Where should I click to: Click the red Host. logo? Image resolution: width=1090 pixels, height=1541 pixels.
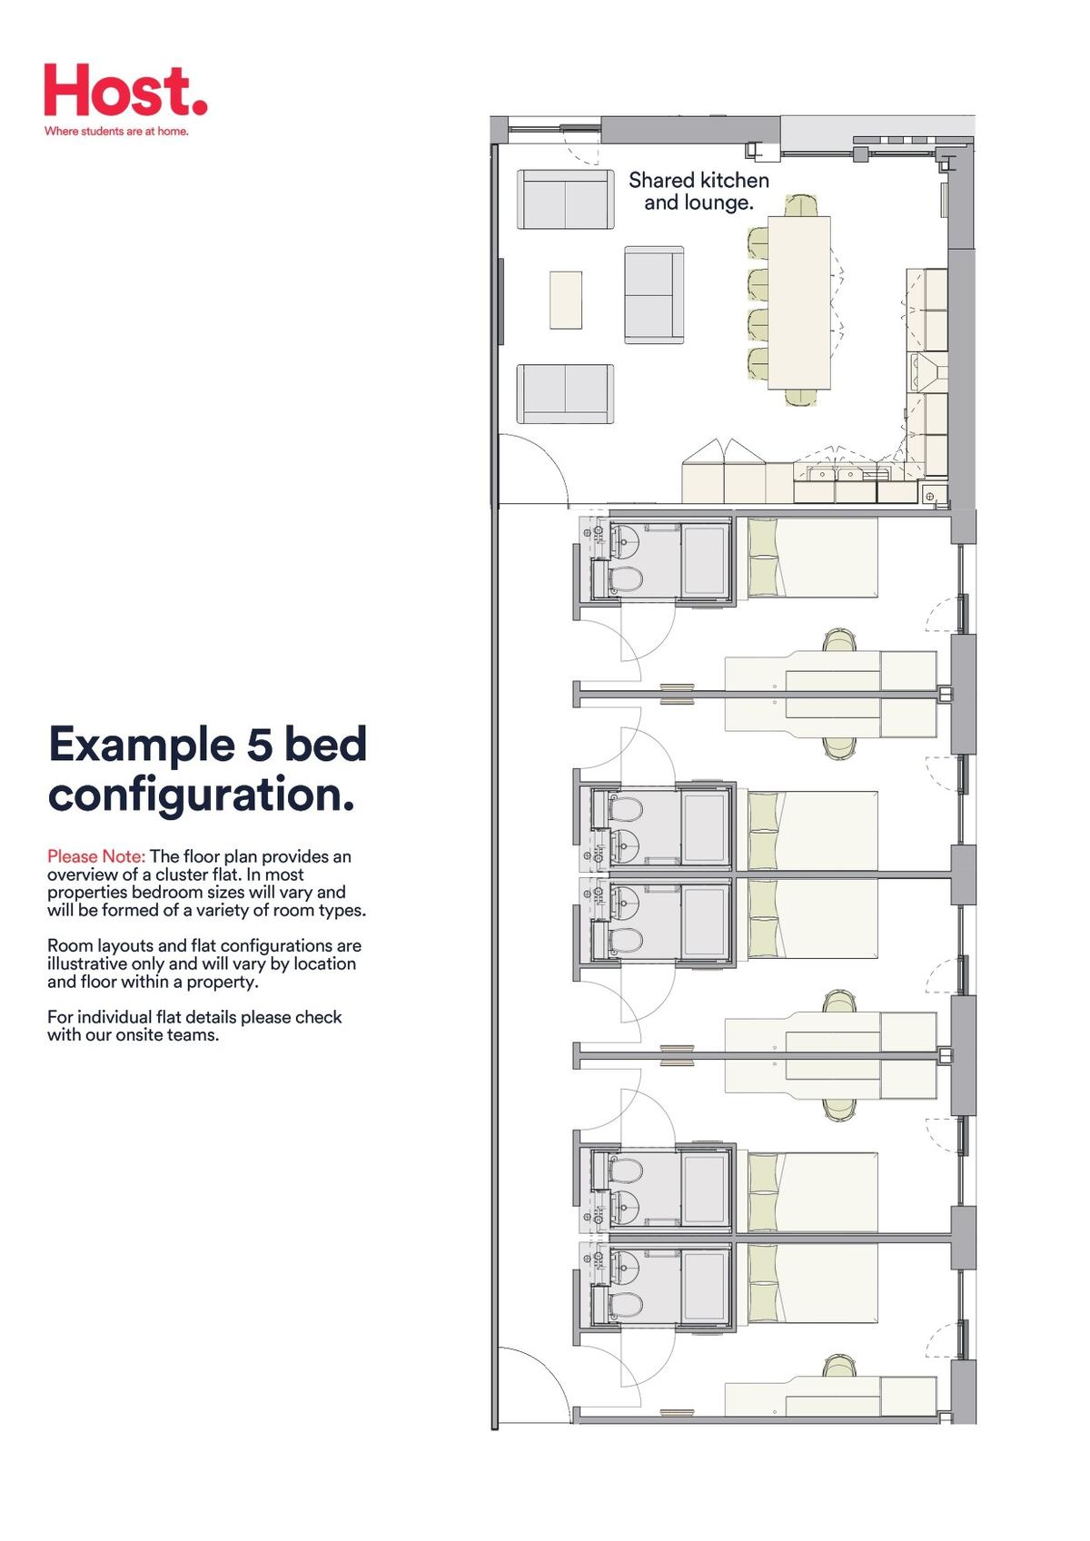125,90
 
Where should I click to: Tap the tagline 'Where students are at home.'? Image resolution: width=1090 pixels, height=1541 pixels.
116,131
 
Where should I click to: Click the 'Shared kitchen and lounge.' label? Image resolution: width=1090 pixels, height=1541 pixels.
699,192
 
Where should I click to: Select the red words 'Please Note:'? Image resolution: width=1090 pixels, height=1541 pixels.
96,856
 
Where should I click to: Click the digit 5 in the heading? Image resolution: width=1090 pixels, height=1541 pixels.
259,745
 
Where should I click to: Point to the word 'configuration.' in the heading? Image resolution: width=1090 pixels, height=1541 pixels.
201,795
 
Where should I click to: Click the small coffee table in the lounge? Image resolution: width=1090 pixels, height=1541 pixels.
566,300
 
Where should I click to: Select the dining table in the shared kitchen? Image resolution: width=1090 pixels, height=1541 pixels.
799,302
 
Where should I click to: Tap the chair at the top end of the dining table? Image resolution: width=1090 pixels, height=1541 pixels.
802,206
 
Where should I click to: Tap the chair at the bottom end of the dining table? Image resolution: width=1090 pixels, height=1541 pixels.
800,398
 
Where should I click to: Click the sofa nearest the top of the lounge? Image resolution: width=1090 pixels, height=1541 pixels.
566,200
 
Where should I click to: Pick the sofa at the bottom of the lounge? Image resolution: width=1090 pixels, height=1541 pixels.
566,394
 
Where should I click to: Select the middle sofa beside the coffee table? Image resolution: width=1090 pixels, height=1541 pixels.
654,294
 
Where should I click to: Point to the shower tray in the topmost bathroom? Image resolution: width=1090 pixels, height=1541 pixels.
706,560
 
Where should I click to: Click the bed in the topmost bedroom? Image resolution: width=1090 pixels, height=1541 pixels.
812,558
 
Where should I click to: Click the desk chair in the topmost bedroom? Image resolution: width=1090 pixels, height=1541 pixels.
839,639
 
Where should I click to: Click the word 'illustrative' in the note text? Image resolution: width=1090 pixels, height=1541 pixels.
88,963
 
